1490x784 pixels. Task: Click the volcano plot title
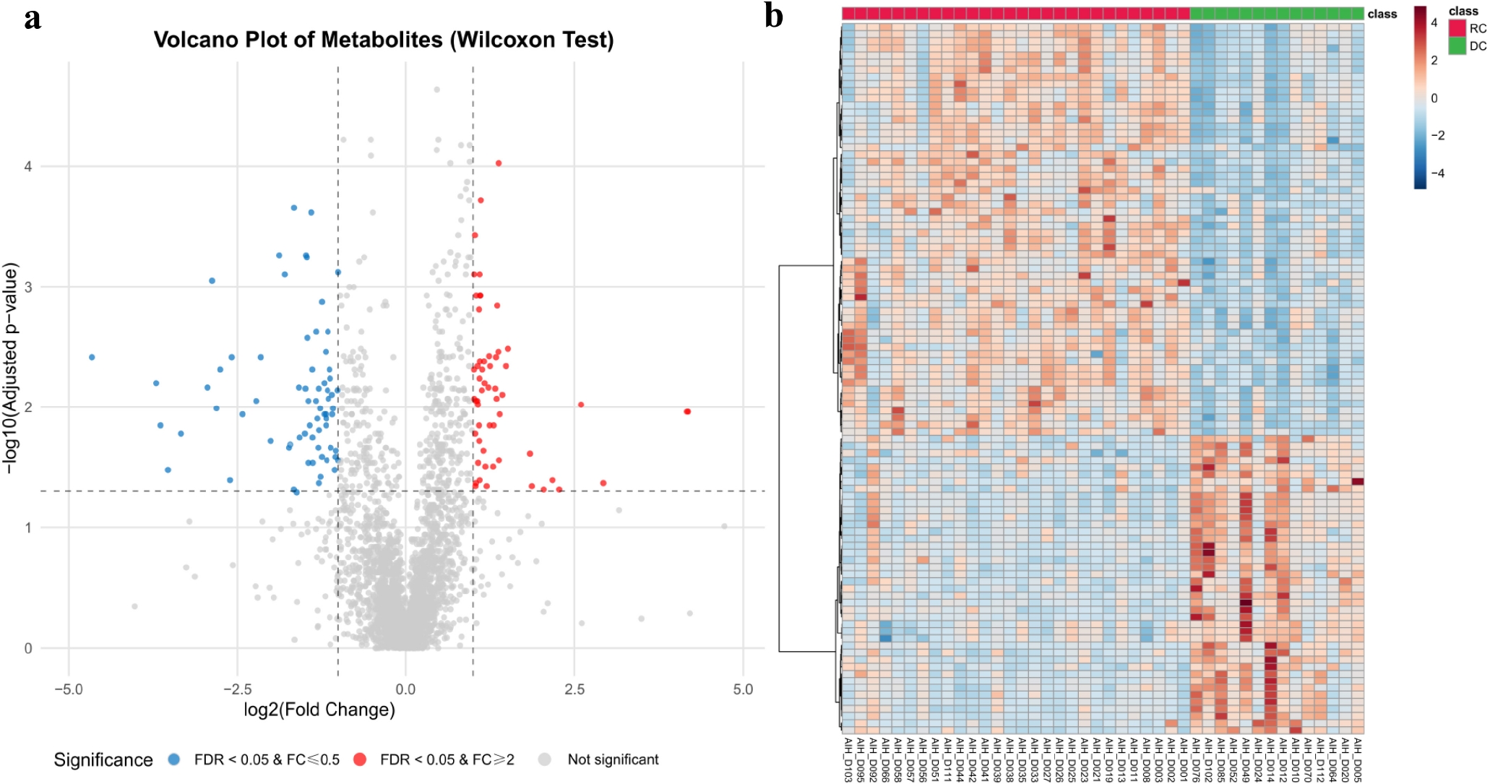tap(384, 40)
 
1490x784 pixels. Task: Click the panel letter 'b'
tap(773, 16)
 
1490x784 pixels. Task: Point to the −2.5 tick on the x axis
tap(237, 689)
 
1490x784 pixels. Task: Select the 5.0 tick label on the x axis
tap(743, 689)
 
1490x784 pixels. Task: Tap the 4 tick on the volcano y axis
tap(28, 167)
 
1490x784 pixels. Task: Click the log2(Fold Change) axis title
tap(319, 710)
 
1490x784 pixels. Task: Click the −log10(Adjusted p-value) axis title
tap(10, 369)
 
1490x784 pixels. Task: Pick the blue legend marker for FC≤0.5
tap(174, 759)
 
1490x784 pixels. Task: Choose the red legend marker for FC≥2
tap(360, 759)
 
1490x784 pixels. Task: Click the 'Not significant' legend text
tap(613, 759)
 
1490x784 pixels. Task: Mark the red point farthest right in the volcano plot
tap(687, 411)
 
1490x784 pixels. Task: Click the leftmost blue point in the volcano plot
tap(92, 357)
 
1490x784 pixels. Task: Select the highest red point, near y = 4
tap(499, 163)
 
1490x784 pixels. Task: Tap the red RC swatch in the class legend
tap(1457, 28)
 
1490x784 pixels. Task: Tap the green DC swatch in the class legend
tap(1457, 46)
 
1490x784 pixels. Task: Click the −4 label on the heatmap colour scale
tap(1438, 173)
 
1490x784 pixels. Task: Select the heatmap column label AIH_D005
tap(1358, 759)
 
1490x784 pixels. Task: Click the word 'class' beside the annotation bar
tap(1382, 14)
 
